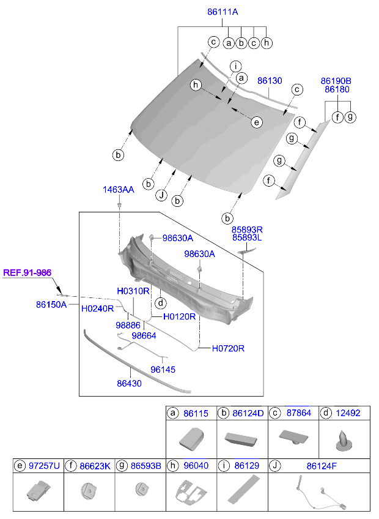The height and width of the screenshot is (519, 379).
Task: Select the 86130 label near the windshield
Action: (270, 80)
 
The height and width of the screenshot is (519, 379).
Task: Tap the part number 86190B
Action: (336, 80)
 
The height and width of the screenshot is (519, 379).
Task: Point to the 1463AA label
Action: (119, 190)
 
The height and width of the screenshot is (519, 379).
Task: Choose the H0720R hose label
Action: (228, 348)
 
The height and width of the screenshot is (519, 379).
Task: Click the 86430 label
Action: (130, 383)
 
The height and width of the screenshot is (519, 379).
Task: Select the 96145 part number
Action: (163, 370)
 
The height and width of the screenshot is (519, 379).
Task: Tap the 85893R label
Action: (247, 228)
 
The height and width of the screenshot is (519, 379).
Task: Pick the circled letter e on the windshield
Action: (257, 122)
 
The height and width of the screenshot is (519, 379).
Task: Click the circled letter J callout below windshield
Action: (161, 195)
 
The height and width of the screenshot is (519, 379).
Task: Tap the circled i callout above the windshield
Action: (235, 66)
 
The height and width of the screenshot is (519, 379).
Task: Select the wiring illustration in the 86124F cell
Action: (321, 494)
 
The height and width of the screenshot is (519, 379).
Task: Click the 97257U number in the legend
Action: (45, 466)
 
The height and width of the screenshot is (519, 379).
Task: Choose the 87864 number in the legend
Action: (298, 413)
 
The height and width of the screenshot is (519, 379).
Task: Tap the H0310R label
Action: (133, 291)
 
